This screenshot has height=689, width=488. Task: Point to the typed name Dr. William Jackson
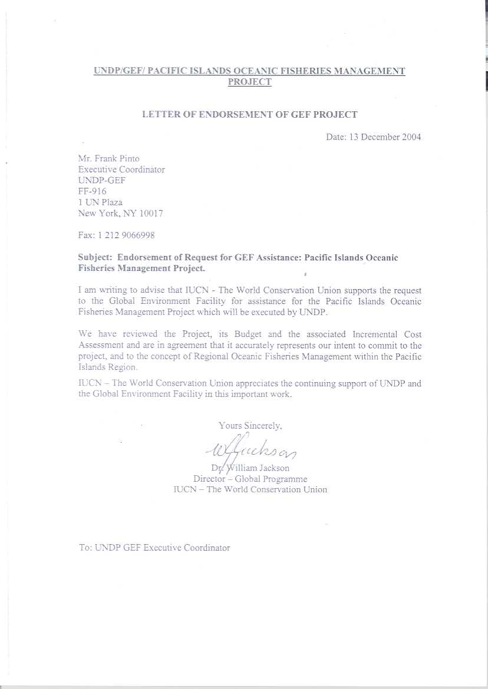[250, 468]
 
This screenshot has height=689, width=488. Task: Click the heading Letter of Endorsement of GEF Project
[250, 115]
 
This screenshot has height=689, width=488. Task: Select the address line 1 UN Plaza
[100, 202]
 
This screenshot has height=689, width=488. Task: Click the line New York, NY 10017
[120, 213]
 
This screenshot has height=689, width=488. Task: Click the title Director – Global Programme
[250, 479]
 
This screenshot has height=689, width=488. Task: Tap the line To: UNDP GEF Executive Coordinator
[154, 548]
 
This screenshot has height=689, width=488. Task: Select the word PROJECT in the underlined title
[250, 82]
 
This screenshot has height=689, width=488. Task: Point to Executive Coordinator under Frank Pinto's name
[121, 170]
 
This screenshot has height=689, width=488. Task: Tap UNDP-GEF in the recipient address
[102, 180]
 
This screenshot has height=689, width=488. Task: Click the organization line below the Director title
[250, 489]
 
